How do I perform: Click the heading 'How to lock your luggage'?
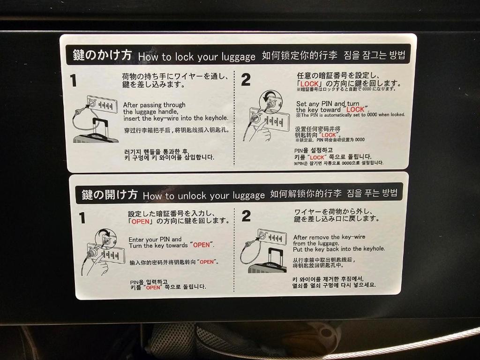197,57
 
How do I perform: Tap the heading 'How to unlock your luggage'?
204,195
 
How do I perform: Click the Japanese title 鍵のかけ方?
102,55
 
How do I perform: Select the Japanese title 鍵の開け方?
109,194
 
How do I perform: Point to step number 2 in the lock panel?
246,80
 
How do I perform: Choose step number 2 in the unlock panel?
246,216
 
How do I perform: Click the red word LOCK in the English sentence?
355,109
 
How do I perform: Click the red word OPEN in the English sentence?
202,245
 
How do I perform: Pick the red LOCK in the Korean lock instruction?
317,157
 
